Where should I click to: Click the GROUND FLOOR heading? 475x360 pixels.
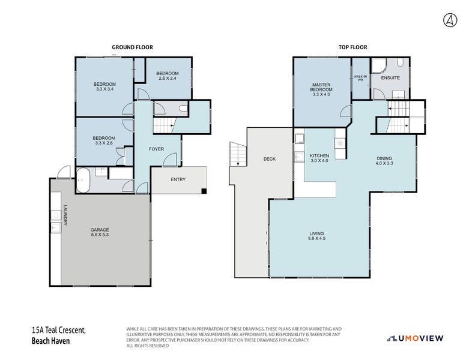coord(133,47)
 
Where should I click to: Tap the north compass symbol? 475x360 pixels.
coord(449,20)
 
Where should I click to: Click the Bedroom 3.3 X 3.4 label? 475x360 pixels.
coord(104,86)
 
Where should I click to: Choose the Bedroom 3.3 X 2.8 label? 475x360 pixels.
coord(104,141)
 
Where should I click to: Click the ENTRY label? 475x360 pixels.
coord(178,179)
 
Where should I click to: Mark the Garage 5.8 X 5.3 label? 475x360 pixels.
coord(100,232)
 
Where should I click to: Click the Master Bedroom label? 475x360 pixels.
coord(322,89)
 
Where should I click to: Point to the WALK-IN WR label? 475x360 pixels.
coord(360,78)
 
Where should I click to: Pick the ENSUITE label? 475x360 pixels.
coord(391,77)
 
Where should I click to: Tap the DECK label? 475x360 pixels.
coord(269,159)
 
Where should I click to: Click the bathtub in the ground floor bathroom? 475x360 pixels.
coord(83,181)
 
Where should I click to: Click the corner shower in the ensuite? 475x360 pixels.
coord(378,65)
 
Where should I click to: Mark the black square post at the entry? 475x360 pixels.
coord(204,191)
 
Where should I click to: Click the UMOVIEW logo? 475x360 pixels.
coord(415,338)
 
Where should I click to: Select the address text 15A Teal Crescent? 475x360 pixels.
coord(59,331)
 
